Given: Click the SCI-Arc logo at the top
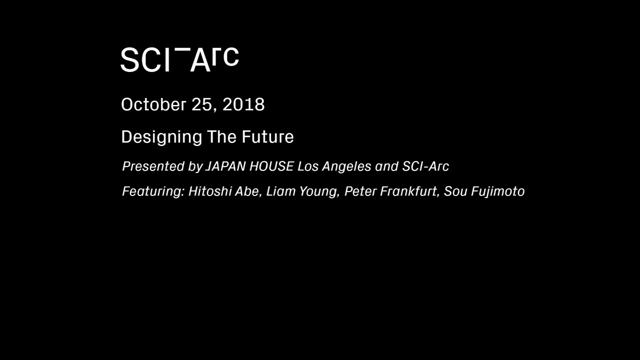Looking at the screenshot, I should (179, 60).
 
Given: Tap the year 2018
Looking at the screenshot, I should (243, 104).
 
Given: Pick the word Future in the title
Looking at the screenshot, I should (267, 137).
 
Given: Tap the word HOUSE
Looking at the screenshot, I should (271, 166).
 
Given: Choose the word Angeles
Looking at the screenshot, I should (346, 166).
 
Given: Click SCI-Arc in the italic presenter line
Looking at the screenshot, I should (425, 166).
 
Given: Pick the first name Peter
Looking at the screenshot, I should (360, 191).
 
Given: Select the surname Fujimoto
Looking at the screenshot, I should (497, 191).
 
